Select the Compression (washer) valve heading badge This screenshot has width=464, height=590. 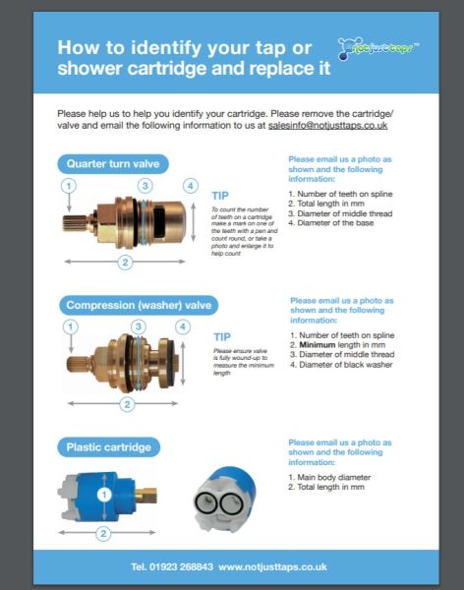pos(137,305)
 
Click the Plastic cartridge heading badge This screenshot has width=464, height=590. pos(108,447)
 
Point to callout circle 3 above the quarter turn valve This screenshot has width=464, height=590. pos(145,185)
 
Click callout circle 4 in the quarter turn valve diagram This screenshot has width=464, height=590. pos(190,185)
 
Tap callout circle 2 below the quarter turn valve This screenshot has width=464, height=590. pos(125,262)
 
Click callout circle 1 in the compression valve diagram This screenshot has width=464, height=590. pos(69,326)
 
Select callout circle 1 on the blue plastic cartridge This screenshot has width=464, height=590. pos(103,495)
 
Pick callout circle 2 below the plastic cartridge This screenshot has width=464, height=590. pos(102,534)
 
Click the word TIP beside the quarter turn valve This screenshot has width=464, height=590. pos(221,196)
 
